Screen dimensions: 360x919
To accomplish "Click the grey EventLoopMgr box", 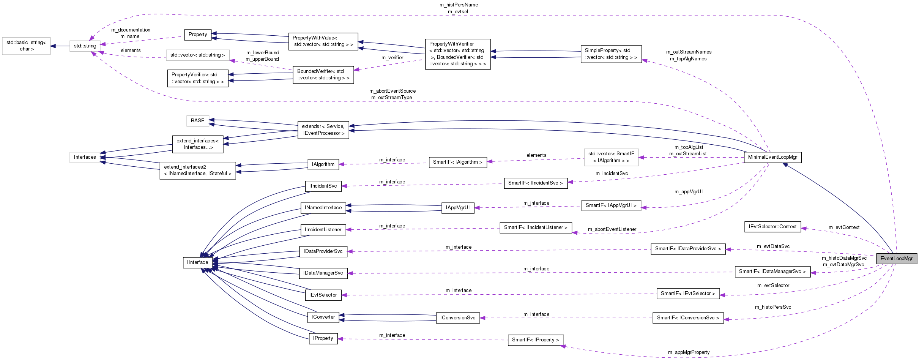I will coord(896,259).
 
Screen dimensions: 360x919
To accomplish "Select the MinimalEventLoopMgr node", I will coord(772,157).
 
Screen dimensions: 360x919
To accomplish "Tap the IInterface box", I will coord(197,262).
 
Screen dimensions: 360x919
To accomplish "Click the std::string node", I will coord(85,46).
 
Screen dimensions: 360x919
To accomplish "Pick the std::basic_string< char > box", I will coord(26,46).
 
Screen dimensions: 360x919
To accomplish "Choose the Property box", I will coord(198,35).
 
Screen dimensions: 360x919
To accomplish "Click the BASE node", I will coord(198,121).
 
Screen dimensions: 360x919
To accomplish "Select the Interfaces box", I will coord(85,157).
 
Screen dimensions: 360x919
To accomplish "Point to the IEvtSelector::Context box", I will coord(772,227).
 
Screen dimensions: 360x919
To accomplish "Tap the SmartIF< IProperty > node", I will coord(535,340).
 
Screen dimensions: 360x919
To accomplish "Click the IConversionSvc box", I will coord(457,318).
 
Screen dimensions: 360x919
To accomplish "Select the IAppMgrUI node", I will coord(457,208).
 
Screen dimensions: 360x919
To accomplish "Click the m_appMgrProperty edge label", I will coord(689,352).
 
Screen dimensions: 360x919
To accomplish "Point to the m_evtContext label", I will coord(844,227).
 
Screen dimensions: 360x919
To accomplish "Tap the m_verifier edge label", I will coord(392,58).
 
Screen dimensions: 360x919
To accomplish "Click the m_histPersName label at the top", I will coord(459,5).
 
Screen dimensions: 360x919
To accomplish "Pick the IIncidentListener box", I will coord(323,230).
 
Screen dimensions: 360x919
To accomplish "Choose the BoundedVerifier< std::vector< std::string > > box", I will coord(323,74).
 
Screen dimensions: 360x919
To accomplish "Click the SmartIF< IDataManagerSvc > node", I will coord(772,272).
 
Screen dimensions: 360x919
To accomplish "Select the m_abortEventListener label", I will coord(612,229).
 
